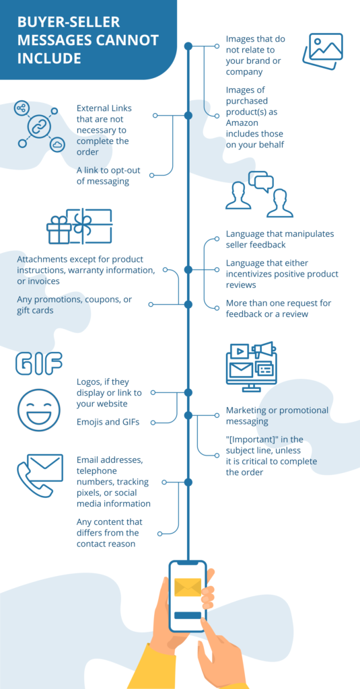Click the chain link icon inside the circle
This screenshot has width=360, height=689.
tap(39, 126)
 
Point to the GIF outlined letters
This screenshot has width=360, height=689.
tap(38, 364)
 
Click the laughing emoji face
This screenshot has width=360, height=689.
tap(38, 410)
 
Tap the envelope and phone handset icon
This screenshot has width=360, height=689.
tap(39, 475)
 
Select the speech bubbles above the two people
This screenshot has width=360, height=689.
tap(260, 181)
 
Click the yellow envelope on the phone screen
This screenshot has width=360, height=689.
tap(188, 587)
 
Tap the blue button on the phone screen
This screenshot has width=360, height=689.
tap(188, 615)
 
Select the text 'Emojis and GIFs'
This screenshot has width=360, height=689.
tap(108, 422)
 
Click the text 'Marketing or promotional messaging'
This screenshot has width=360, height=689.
tap(277, 416)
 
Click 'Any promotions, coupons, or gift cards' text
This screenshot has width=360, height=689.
tap(74, 305)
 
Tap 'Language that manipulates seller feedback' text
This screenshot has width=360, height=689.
tap(279, 239)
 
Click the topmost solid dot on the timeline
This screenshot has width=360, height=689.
tap(188, 46)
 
